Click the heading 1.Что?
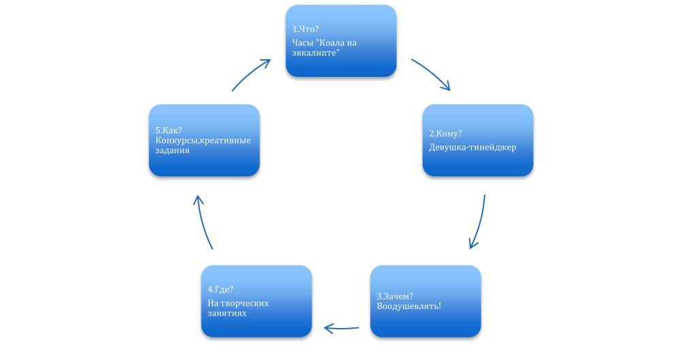click(306, 29)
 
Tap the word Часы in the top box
click(302, 43)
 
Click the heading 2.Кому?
click(445, 133)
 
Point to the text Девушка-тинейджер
click(472, 147)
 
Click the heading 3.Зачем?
click(395, 296)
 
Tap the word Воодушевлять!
click(408, 306)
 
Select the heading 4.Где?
click(221, 289)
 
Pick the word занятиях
click(227, 313)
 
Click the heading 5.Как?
click(168, 130)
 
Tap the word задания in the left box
click(172, 150)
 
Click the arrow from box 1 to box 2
click(432, 73)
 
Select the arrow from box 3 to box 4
click(341, 329)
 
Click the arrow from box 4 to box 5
click(204, 222)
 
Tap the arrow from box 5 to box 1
click(251, 73)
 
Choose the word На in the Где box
click(213, 303)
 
